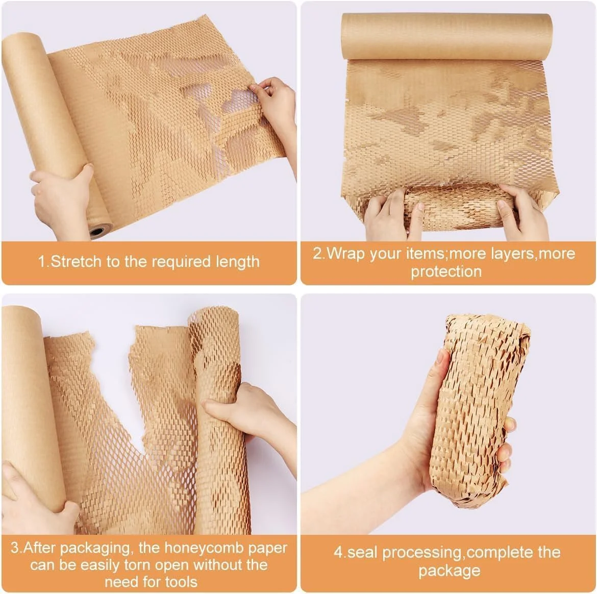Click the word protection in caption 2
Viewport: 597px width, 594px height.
(x=446, y=271)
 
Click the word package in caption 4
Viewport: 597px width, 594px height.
(x=449, y=572)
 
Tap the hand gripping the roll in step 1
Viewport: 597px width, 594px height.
(x=63, y=198)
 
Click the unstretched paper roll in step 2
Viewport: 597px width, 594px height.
(x=446, y=37)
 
